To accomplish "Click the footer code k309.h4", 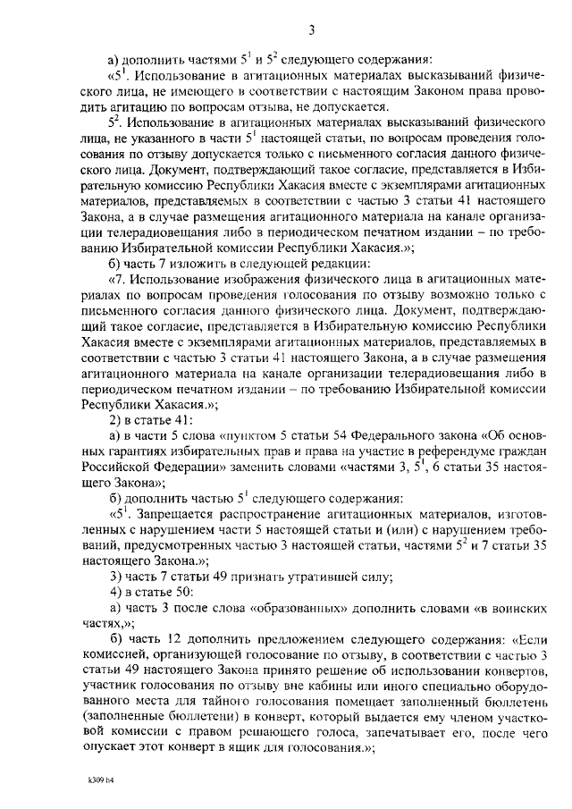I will click(x=90, y=780).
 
